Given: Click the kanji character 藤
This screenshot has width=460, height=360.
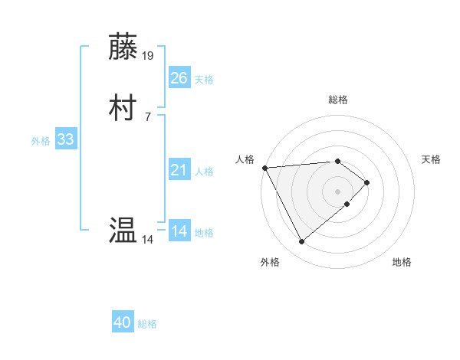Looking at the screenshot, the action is click(x=123, y=47).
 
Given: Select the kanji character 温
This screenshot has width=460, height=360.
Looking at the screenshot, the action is click(x=123, y=230).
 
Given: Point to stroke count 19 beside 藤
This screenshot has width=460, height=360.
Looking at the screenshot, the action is click(x=148, y=55).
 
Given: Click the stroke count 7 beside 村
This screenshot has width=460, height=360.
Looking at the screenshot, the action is click(x=147, y=116).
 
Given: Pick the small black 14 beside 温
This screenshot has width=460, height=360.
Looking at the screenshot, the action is click(x=147, y=240).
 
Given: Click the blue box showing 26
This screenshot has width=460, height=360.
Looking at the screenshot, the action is click(x=179, y=78).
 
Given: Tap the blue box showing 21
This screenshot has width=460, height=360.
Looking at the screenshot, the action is click(x=179, y=170).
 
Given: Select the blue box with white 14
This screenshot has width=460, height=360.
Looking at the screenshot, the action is click(x=179, y=231).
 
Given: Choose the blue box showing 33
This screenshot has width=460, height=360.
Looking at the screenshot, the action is click(x=65, y=139).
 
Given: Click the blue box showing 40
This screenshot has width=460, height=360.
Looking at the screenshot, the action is click(x=123, y=322).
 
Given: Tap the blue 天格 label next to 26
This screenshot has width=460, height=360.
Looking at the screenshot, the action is click(x=204, y=80).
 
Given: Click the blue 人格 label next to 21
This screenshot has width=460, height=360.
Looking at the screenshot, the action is click(x=204, y=172).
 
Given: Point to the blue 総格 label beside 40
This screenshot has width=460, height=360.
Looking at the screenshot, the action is click(x=147, y=324).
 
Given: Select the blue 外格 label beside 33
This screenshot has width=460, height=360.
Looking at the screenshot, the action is click(x=41, y=141).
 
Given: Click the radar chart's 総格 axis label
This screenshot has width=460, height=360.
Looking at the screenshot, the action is click(x=338, y=100).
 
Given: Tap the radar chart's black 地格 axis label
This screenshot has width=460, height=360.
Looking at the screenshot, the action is click(x=402, y=263).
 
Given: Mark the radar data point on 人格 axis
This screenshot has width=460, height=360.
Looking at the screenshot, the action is click(x=264, y=167).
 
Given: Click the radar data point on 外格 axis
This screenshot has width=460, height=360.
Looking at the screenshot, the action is click(x=301, y=242).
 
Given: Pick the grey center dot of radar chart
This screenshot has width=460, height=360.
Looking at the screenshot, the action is click(x=338, y=191).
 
